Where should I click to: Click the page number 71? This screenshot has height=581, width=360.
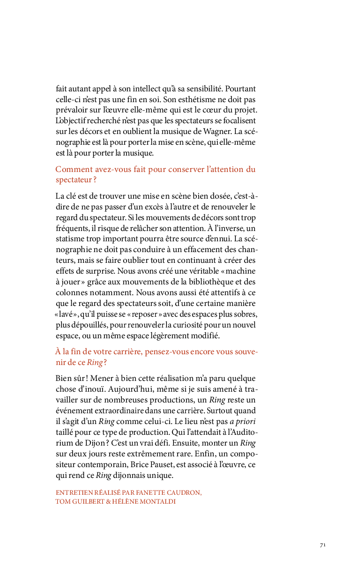click(322, 545)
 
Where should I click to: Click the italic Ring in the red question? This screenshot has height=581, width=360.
click(95, 362)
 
